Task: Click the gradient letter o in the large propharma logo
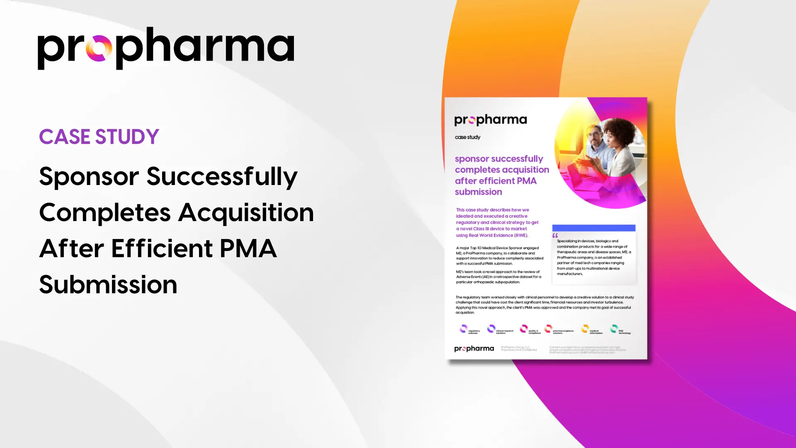99,49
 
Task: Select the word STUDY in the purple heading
127,137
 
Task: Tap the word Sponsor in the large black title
89,177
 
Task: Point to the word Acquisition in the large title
246,213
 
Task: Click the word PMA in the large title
248,249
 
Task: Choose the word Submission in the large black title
108,285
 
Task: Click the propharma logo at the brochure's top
490,120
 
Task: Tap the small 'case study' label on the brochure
468,137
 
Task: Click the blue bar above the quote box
594,228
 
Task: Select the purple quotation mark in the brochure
555,236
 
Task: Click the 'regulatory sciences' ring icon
464,329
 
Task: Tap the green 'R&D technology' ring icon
614,329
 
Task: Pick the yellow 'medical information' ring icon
585,329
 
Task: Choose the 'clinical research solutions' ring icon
491,329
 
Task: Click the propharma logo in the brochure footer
474,349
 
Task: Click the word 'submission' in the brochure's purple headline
478,192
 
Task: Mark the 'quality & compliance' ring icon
524,329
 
